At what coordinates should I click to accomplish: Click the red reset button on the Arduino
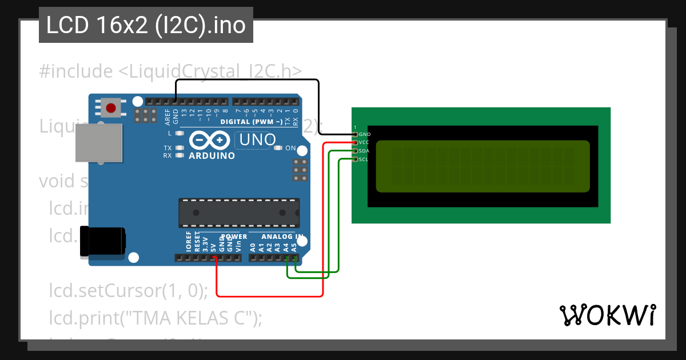click(111, 107)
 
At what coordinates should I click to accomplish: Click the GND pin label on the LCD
click(365, 134)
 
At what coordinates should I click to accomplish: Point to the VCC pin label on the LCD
click(365, 142)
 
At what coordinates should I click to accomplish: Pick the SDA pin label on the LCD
click(365, 151)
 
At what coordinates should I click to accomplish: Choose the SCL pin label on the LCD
click(364, 159)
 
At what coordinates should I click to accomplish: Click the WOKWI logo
click(607, 315)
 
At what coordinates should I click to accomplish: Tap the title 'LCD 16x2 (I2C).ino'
click(146, 25)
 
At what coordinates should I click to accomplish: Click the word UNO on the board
click(257, 139)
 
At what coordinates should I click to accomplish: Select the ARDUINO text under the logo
click(212, 156)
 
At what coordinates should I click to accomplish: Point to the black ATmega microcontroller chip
click(239, 212)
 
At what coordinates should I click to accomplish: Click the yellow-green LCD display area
click(482, 166)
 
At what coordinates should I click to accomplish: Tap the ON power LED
click(278, 149)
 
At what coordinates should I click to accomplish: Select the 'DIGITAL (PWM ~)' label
click(251, 122)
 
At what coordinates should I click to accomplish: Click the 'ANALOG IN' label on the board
click(282, 237)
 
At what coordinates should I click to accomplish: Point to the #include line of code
click(170, 71)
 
